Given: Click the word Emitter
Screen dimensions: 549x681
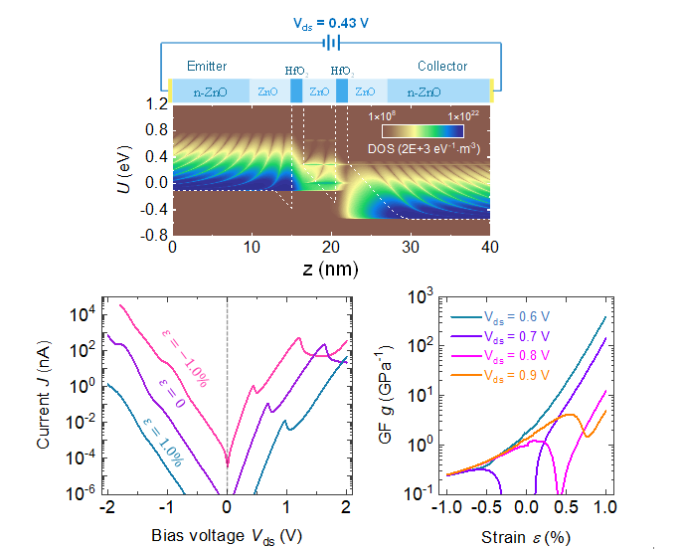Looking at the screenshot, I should [207, 67].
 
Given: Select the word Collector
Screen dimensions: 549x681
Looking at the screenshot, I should [442, 67].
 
